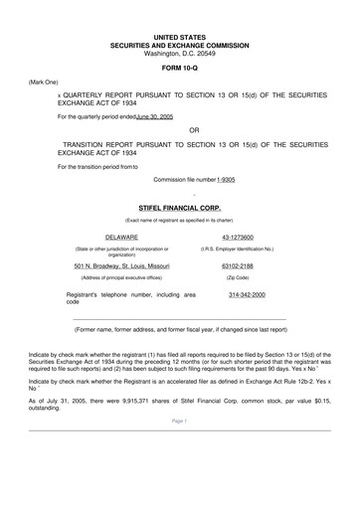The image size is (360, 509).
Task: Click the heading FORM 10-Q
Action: coord(179,66)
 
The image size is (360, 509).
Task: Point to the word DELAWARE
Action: coord(121,237)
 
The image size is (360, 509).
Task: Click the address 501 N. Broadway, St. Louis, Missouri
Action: coord(121,266)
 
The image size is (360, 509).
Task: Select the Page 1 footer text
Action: coord(179,449)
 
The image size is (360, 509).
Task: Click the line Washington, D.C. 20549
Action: coord(179,51)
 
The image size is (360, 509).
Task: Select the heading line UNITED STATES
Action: coord(179,36)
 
